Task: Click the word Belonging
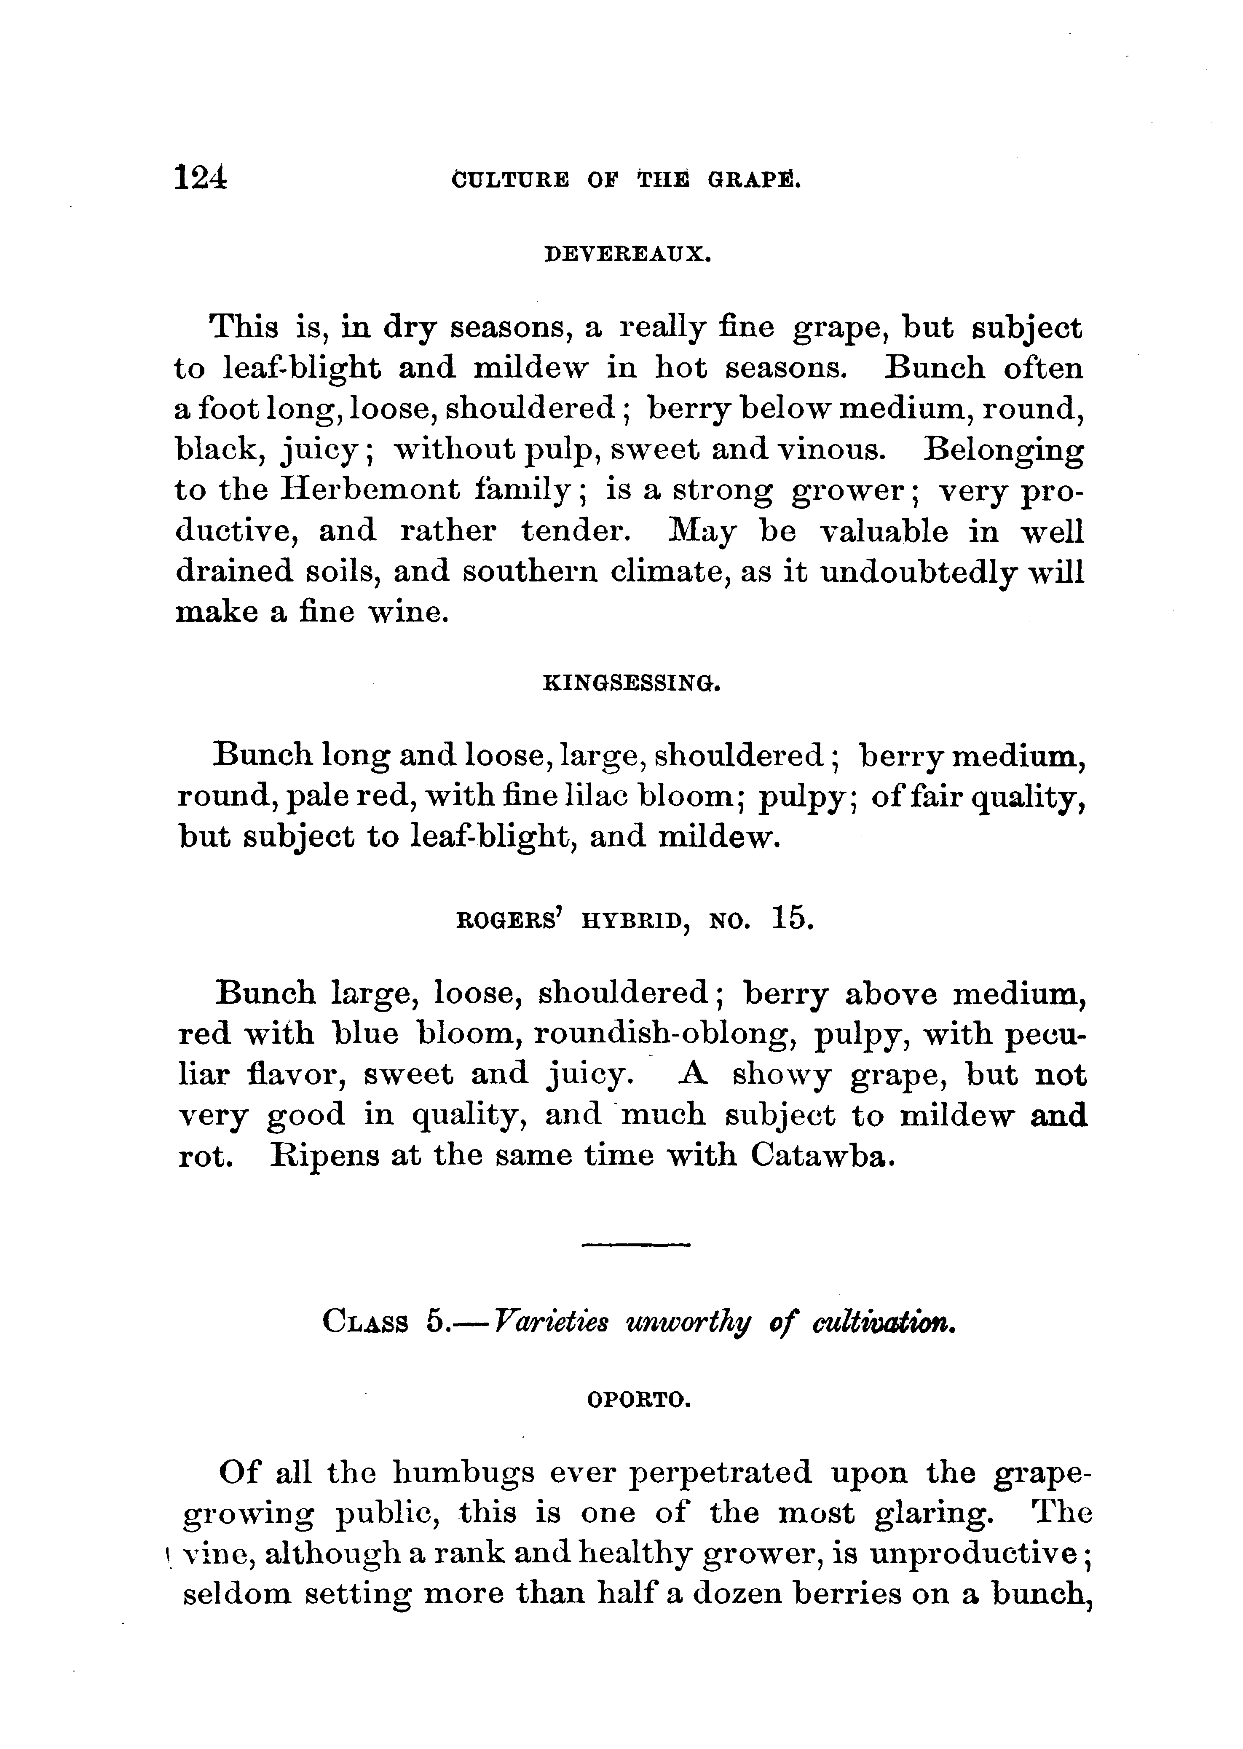[1003, 449]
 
